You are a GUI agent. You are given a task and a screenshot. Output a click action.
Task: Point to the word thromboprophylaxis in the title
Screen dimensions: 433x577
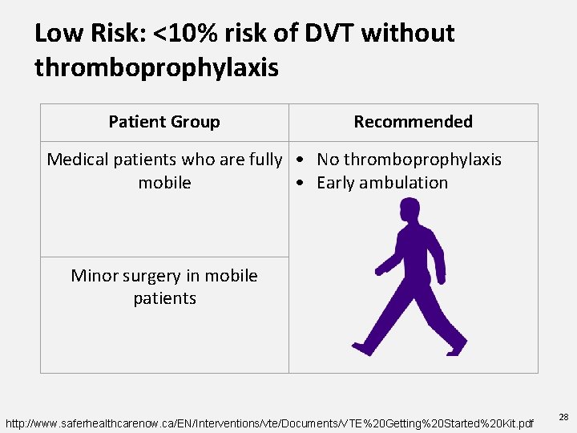pos(156,67)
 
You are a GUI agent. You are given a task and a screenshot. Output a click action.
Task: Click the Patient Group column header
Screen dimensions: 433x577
pos(164,122)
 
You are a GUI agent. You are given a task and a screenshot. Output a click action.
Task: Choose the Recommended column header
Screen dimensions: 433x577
pos(413,122)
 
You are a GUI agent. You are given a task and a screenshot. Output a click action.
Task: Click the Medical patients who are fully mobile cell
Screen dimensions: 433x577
pos(164,171)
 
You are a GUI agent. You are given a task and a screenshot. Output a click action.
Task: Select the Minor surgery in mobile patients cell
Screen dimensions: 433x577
pos(164,287)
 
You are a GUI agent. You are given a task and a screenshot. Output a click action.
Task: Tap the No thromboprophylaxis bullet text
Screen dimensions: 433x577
pos(409,160)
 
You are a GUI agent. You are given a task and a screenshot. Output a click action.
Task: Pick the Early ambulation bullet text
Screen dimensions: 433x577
pos(382,183)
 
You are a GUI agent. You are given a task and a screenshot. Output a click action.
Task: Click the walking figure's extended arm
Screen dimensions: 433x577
pos(390,261)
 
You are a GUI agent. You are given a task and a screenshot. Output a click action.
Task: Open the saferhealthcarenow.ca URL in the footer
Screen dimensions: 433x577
pos(269,422)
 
